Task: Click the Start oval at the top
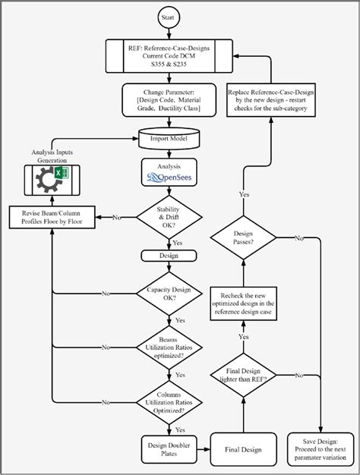169,16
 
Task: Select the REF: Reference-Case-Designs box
169,55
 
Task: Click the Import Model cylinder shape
169,140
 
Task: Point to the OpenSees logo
169,179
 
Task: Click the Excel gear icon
51,180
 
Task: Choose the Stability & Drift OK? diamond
169,218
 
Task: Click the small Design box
169,256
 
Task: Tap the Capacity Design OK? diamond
169,293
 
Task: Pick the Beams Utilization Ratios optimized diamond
169,348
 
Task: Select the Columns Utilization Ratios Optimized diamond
169,402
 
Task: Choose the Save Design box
321,449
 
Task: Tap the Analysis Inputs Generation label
51,156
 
